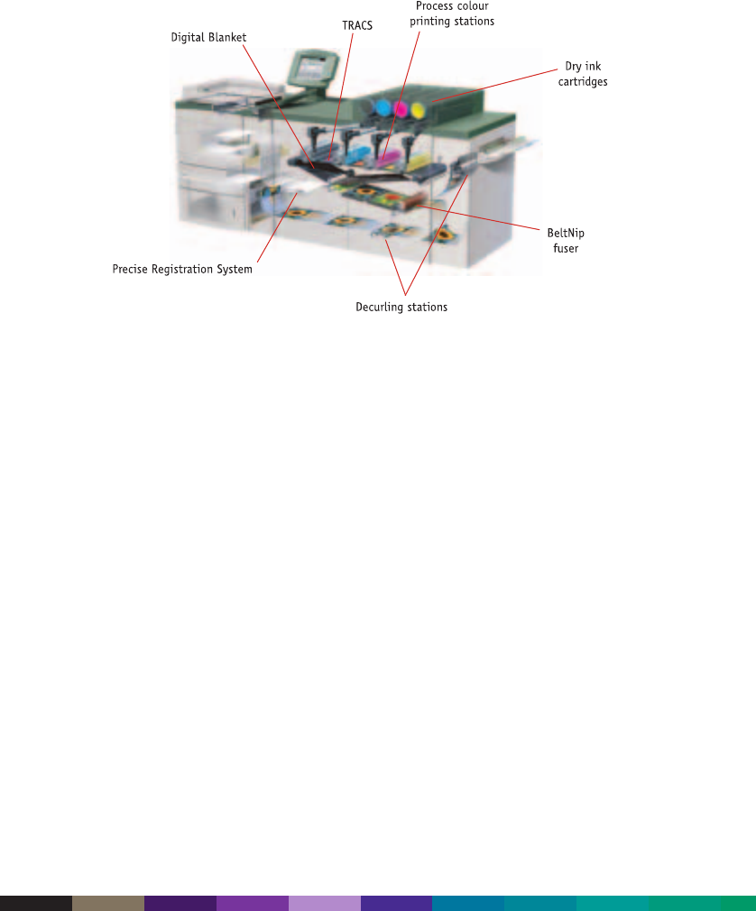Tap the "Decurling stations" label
pyautogui.click(x=401, y=308)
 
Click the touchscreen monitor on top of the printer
pyautogui.click(x=315, y=70)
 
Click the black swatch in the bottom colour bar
pyautogui.click(x=36, y=903)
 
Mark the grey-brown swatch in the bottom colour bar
pyautogui.click(x=108, y=903)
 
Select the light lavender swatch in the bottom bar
pyautogui.click(x=325, y=903)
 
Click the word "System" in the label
pyautogui.click(x=235, y=269)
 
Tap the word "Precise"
pyautogui.click(x=132, y=269)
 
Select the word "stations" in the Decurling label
pyautogui.click(x=427, y=308)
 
